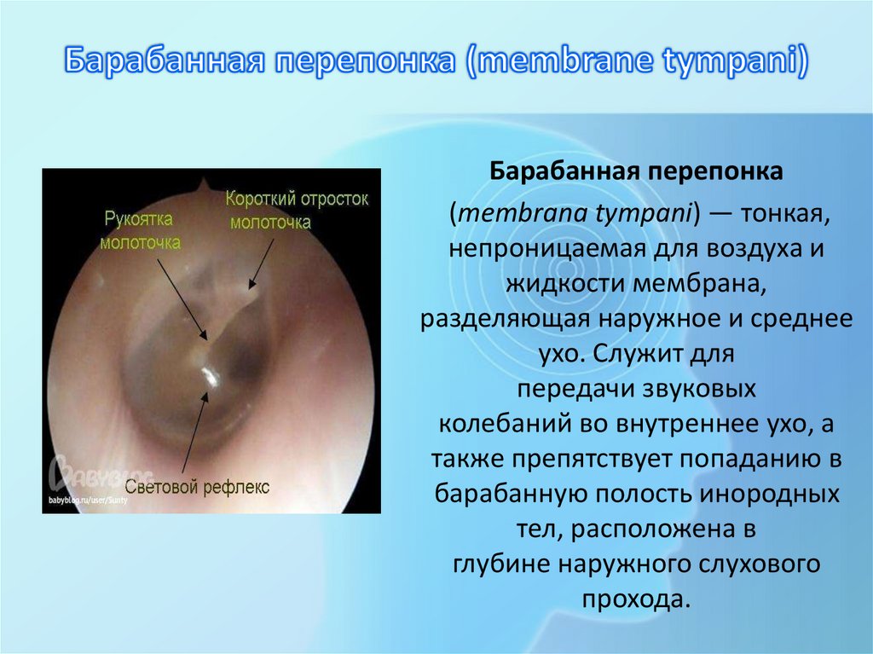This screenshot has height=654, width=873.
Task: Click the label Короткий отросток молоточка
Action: pyautogui.click(x=296, y=210)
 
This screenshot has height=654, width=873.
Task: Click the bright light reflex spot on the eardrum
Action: pyautogui.click(x=208, y=373)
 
